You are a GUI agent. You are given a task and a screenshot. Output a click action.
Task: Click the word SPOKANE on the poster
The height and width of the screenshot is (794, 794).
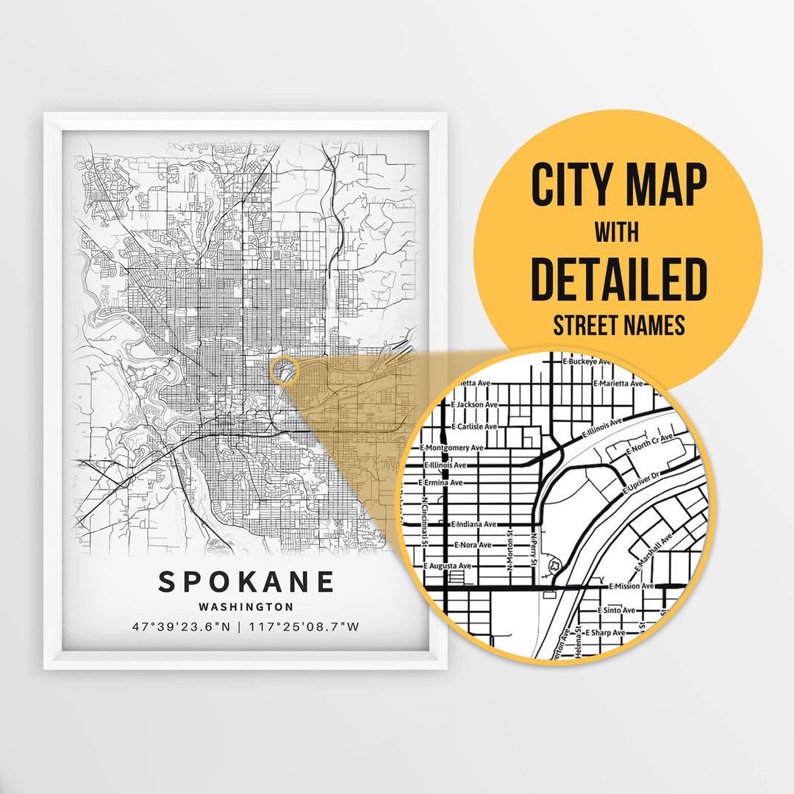246,582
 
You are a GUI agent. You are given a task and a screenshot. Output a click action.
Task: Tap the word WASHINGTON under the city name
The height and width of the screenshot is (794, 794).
246,607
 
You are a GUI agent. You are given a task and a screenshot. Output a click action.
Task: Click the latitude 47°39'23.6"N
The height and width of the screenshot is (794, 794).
181,627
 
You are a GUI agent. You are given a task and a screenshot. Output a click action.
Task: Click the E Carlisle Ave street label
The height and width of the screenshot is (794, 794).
474,426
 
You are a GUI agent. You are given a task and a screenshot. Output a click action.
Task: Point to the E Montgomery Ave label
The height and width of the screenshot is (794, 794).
451,447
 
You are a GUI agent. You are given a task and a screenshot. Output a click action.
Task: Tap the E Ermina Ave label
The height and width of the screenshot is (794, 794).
441,483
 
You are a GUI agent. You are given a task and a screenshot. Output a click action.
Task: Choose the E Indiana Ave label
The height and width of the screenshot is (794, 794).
473,524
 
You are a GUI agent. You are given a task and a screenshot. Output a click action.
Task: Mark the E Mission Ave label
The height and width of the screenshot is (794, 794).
632,586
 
